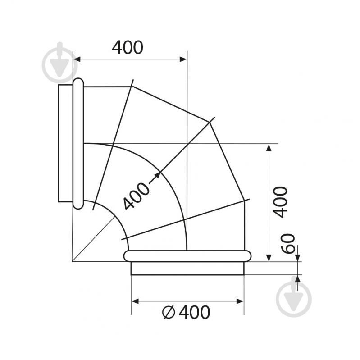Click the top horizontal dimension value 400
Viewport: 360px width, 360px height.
[128, 47]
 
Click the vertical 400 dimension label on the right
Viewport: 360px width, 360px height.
[281, 202]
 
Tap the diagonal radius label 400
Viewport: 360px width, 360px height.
[136, 196]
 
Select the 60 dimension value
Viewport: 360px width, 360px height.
[288, 244]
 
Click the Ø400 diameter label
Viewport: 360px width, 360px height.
[186, 312]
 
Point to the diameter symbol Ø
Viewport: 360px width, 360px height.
[169, 312]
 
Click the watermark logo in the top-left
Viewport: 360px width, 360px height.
[60, 63]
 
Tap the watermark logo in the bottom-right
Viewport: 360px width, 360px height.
[294, 296]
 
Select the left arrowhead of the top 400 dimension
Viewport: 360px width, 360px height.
[77, 59]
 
